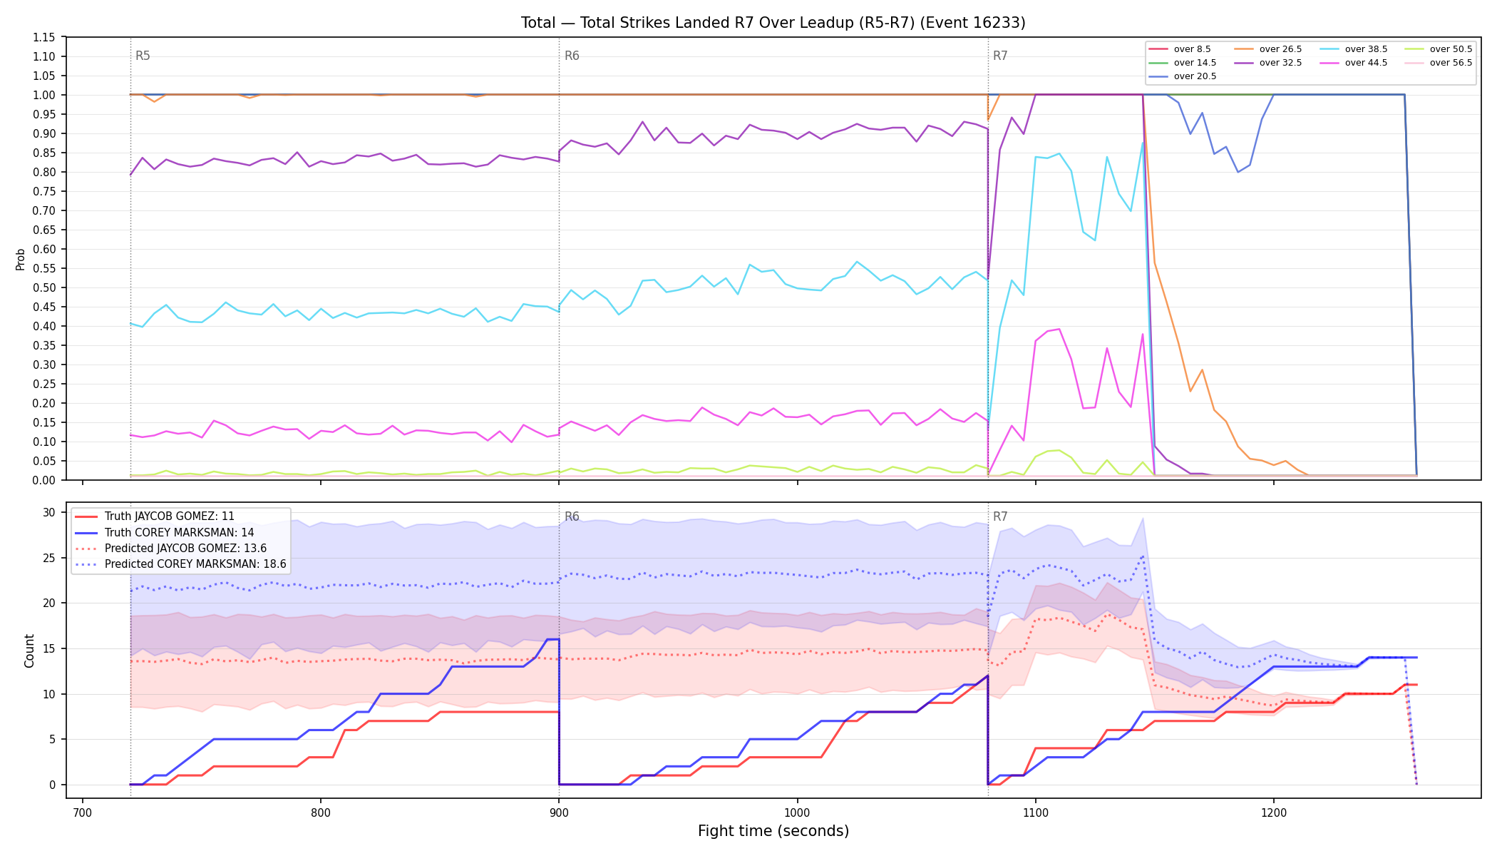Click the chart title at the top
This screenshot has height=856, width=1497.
pos(773,23)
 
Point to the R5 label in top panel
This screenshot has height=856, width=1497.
pos(143,56)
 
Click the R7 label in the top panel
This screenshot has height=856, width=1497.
pos(1000,56)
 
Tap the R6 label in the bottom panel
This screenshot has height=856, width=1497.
pos(572,516)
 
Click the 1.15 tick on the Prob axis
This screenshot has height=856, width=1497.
pos(44,37)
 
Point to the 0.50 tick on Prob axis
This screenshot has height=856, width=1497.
pos(44,287)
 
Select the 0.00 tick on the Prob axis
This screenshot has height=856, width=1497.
pos(44,480)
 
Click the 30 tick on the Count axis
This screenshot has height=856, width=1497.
pos(49,512)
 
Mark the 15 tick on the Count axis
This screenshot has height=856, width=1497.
pos(49,648)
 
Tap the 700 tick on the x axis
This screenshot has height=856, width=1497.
pos(83,812)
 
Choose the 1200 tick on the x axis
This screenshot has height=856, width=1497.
pos(1274,812)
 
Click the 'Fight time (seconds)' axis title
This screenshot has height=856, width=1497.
pos(773,831)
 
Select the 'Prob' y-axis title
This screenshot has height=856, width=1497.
pos(21,259)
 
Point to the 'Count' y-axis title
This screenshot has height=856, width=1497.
pos(29,651)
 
